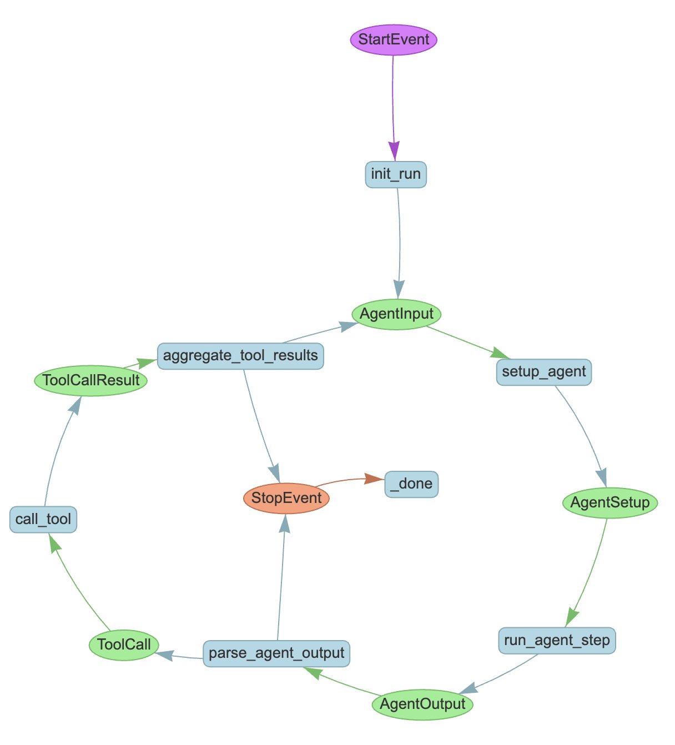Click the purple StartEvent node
point(393,39)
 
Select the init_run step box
point(396,174)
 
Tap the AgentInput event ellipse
point(396,314)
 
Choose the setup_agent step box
point(543,372)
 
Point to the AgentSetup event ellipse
point(609,503)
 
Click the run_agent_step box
point(557,641)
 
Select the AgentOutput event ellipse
point(422,704)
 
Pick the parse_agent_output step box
point(276,653)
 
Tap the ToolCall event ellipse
point(124,645)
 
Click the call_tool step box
point(43,520)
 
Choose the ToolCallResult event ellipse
point(91,381)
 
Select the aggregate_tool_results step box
point(240,356)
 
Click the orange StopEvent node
point(286,498)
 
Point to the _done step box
point(411,484)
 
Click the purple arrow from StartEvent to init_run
point(393,100)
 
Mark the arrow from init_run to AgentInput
point(400,239)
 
